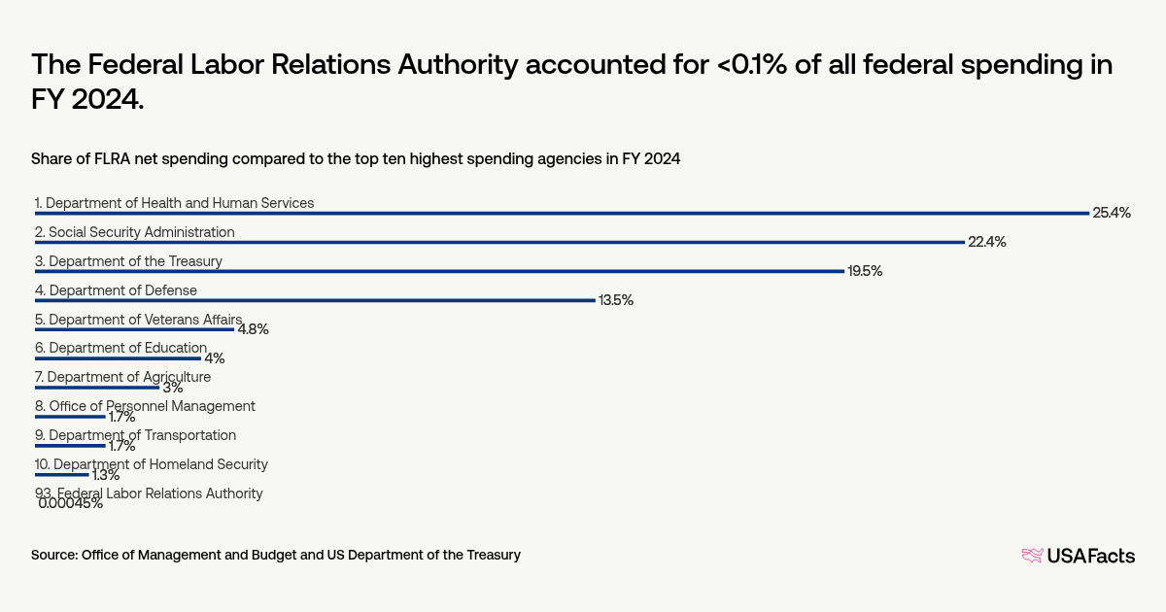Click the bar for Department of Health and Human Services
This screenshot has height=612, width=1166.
[562, 213]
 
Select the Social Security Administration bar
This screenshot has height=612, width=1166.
[499, 242]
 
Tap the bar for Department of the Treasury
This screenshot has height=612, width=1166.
[439, 271]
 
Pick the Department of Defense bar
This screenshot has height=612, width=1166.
[315, 300]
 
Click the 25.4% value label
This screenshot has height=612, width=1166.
[1112, 213]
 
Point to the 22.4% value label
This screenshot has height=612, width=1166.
[986, 242]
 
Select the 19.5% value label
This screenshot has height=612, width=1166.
[865, 271]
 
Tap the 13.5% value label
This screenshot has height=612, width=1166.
[615, 300]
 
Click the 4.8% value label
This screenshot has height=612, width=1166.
[253, 329]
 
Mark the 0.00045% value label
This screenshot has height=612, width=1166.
[71, 503]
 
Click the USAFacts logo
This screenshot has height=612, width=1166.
[1078, 556]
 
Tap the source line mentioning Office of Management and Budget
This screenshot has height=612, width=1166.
[276, 555]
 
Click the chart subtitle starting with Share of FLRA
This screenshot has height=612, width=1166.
[356, 158]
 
